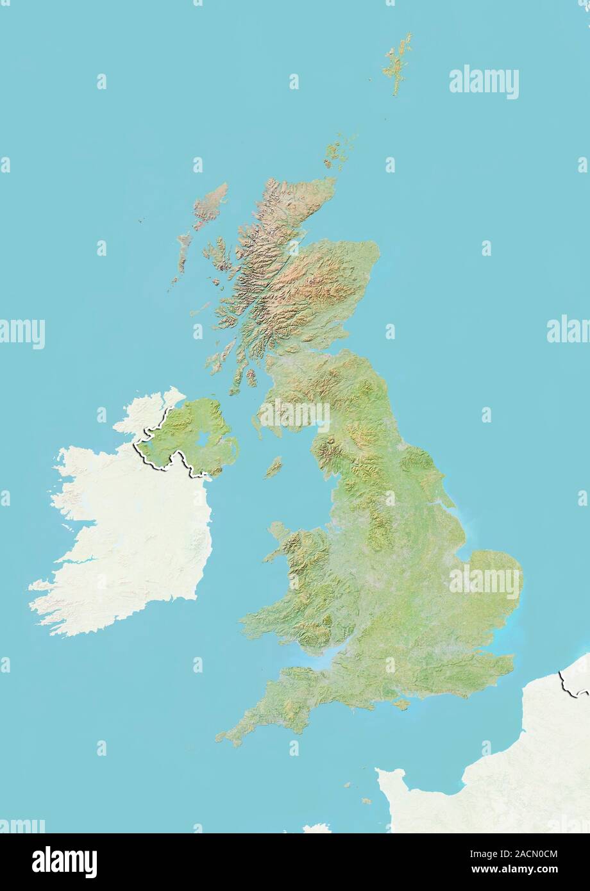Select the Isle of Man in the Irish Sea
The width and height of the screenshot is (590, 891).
[x=274, y=467]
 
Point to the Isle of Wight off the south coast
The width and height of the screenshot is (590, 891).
[x=401, y=704]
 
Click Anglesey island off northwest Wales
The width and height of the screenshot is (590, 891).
[x=279, y=531]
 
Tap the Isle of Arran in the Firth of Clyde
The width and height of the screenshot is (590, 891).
[x=251, y=377]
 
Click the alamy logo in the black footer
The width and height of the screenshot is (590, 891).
[x=64, y=862]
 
